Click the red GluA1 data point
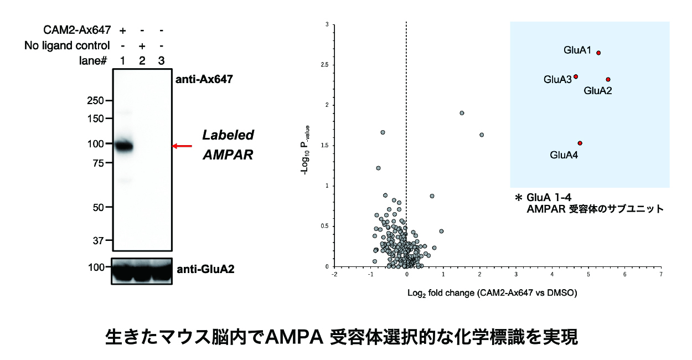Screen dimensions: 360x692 click(598, 53)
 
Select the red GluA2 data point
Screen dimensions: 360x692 click(608, 80)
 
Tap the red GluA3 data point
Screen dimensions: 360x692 click(576, 76)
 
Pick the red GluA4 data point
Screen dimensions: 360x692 click(580, 143)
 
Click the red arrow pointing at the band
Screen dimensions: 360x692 click(182, 146)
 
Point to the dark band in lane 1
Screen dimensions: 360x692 click(124, 147)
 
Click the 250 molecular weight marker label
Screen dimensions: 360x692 click(95, 101)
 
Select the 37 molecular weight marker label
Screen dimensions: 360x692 click(97, 241)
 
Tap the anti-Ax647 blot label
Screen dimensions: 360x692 click(204, 79)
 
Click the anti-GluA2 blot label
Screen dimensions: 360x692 click(205, 270)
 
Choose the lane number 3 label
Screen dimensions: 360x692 click(161, 61)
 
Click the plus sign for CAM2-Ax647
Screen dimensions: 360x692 click(122, 29)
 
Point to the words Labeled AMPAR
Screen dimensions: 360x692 click(228, 145)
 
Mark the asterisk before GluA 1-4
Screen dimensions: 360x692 click(519, 198)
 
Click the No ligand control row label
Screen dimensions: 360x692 click(67, 45)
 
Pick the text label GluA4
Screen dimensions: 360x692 click(564, 156)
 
